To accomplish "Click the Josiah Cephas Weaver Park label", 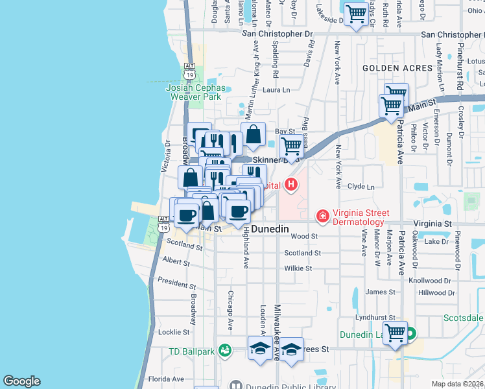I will coord(196,91).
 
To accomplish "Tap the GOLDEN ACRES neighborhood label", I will coord(397,68).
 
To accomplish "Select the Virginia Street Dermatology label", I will coord(361,217).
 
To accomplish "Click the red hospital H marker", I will coord(291,185).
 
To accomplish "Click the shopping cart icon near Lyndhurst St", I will coord(395,334).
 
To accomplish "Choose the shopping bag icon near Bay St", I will coord(254,136).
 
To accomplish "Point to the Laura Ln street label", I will coord(276,90).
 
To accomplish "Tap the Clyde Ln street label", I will coord(361,187).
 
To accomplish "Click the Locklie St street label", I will coord(174,332).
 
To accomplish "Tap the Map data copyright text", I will coord(458,384).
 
